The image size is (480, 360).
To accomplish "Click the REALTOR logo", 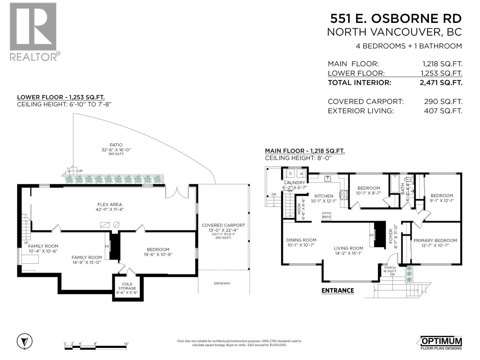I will (x=33, y=31).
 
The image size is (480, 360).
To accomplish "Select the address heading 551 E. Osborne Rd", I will (x=396, y=19).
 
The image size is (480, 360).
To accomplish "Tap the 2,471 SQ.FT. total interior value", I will (x=441, y=82).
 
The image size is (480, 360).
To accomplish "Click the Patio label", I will (x=116, y=145).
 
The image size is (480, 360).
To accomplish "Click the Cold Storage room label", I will (x=127, y=286).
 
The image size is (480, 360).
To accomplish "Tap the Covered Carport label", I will (x=223, y=225).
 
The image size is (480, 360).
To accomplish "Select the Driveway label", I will (x=222, y=283).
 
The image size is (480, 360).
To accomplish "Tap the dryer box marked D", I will (x=290, y=174).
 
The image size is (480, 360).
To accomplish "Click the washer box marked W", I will (x=301, y=174).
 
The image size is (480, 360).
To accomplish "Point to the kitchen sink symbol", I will (x=328, y=179).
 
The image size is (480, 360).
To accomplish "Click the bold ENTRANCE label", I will (x=337, y=290).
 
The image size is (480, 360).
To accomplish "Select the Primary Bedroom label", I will (x=435, y=240).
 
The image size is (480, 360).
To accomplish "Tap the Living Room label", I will (x=348, y=248).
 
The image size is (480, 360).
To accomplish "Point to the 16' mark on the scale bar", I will (x=126, y=344).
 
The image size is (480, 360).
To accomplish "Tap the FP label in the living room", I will (x=371, y=235).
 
